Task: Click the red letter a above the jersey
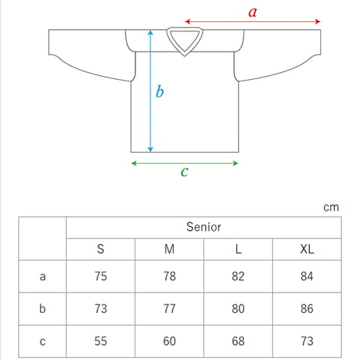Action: point(253,13)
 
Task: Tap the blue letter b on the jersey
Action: point(160,92)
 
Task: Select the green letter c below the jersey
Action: point(185,171)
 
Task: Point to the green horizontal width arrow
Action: point(185,164)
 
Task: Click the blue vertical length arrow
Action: point(150,91)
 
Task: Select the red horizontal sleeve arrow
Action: point(253,21)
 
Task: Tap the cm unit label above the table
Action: point(331,207)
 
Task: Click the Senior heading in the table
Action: point(203,227)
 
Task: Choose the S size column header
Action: point(101,249)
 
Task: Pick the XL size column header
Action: point(307,249)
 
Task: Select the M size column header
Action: point(169,249)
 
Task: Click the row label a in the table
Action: point(42,276)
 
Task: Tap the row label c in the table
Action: point(42,341)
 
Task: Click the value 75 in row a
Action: point(101,276)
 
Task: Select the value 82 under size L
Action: point(238,276)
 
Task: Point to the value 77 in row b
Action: point(169,308)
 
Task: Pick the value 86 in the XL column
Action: point(307,308)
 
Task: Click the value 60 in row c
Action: point(169,341)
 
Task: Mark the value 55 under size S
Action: point(101,341)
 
